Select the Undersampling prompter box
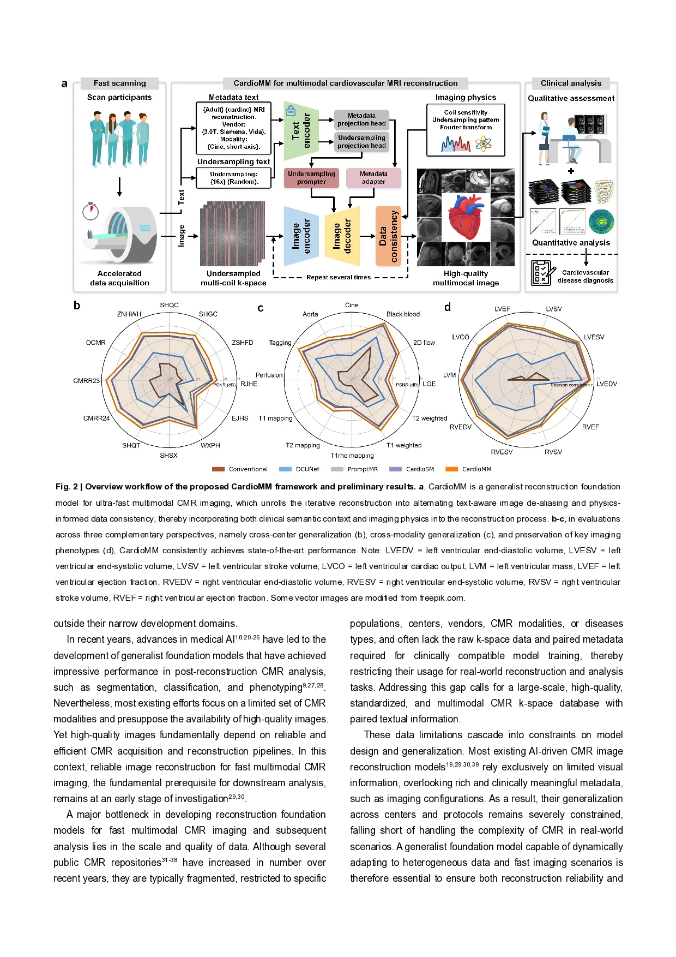tap(311, 178)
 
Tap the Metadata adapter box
tap(373, 178)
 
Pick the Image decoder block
tap(342, 236)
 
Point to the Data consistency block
tap(388, 236)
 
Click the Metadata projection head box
tap(361, 119)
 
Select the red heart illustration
tap(466, 217)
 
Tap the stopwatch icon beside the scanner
tap(90, 211)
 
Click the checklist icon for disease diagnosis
tap(542, 273)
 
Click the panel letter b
tap(77, 306)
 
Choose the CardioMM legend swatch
tap(451, 469)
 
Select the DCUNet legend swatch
tap(285, 469)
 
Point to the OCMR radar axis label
tap(96, 343)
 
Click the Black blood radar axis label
tap(403, 314)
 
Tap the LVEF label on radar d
tap(502, 309)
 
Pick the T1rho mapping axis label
tap(352, 456)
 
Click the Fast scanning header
tap(119, 83)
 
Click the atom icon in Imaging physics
tap(483, 145)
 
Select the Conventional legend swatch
tap(218, 469)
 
